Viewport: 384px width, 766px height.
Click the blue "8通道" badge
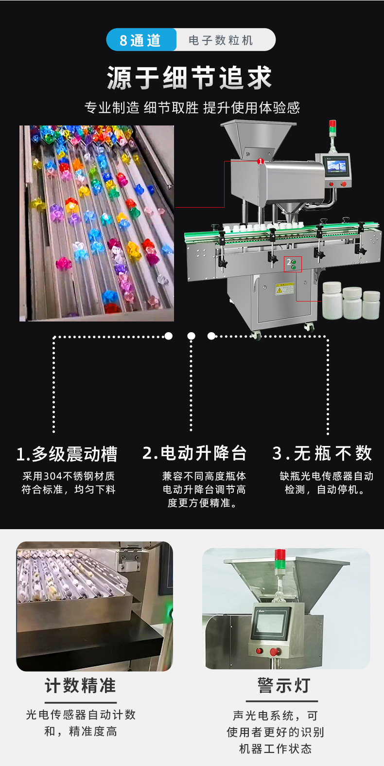(140, 40)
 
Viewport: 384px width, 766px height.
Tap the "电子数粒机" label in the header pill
(221, 40)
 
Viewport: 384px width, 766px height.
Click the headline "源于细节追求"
(190, 77)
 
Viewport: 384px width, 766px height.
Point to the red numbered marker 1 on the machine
(261, 161)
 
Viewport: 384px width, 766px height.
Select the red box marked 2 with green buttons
(293, 265)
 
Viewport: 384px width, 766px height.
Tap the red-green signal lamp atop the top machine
(332, 127)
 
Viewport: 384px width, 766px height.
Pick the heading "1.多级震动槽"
(67, 454)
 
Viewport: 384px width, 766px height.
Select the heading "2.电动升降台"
(194, 453)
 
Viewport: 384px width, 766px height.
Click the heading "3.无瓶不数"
(322, 453)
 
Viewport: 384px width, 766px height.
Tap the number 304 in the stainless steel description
(53, 476)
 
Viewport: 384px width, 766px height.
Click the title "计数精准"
(80, 686)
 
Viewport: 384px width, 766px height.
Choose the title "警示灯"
(284, 685)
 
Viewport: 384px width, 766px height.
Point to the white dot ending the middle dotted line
(192, 336)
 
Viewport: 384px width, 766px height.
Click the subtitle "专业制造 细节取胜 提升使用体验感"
(192, 107)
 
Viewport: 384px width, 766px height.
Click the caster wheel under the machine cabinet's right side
(309, 327)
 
